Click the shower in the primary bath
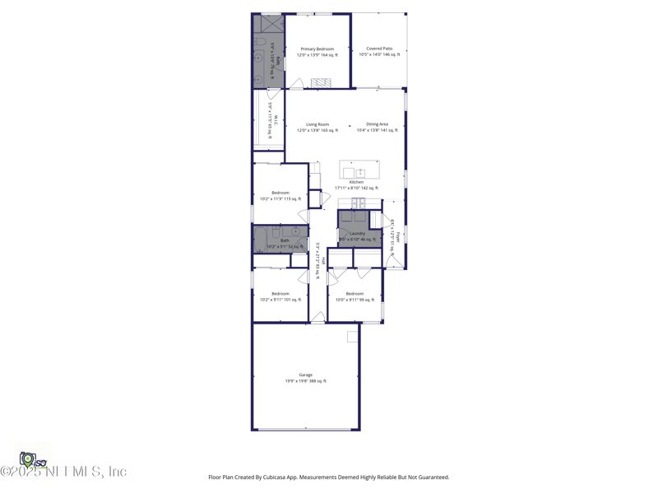(267, 24)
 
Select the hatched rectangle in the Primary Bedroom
(320, 82)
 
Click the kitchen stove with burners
(359, 203)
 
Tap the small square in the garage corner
(352, 337)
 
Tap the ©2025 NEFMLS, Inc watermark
(63, 472)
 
